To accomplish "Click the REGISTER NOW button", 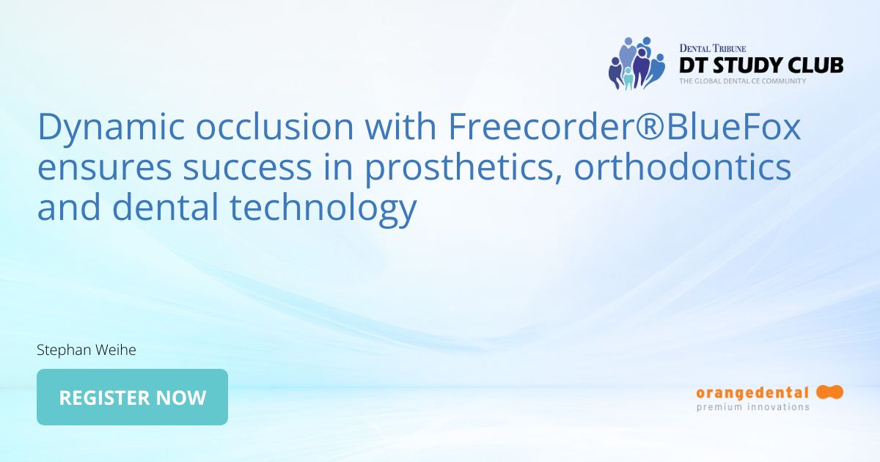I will pyautogui.click(x=132, y=397).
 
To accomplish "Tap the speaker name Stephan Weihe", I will pyautogui.click(x=87, y=351).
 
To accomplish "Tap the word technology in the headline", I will pyautogui.click(x=323, y=208).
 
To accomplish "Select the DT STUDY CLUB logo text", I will pyautogui.click(x=761, y=65).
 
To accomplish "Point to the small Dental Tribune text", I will pyautogui.click(x=712, y=48).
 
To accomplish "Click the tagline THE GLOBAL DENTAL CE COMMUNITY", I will pyautogui.click(x=742, y=81).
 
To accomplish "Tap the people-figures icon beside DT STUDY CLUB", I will pyautogui.click(x=635, y=63).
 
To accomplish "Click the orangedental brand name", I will pyautogui.click(x=752, y=393).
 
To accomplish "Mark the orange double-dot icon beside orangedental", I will pyautogui.click(x=829, y=392).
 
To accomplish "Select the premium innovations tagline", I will pyautogui.click(x=752, y=407).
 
